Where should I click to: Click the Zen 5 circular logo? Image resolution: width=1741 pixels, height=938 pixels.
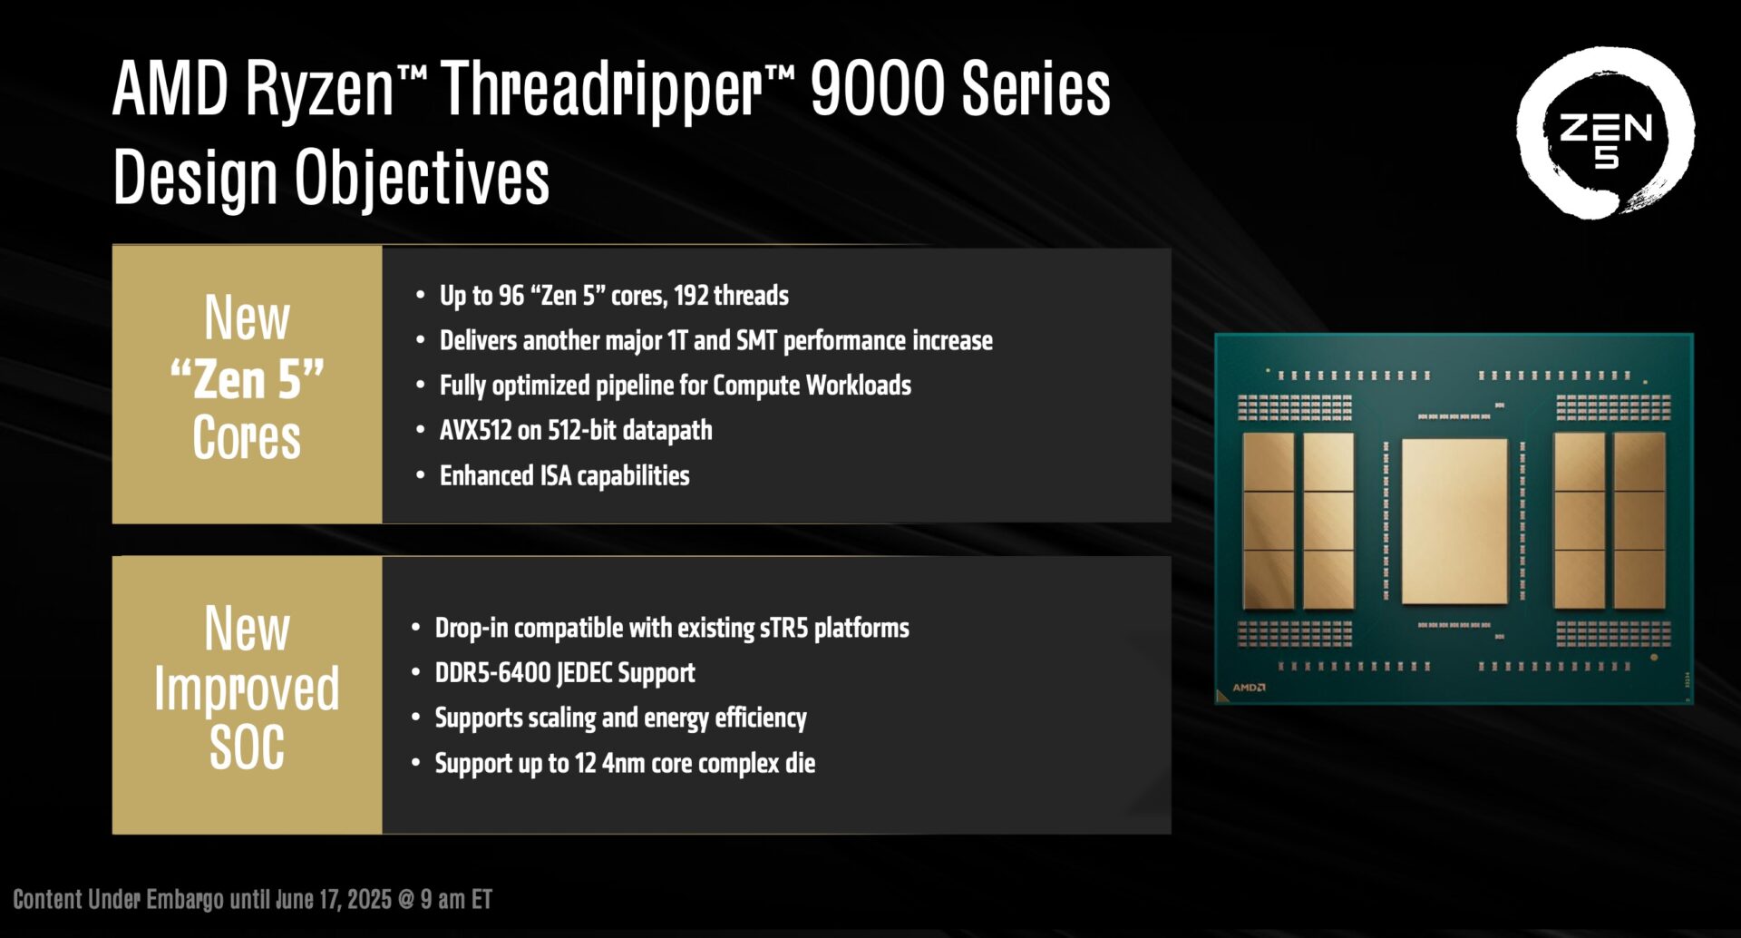tap(1605, 133)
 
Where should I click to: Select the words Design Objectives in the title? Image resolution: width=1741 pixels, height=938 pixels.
tap(331, 178)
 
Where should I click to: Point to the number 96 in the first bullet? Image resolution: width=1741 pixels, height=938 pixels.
tap(511, 296)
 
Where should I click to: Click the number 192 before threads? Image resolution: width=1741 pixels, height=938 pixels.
tap(691, 296)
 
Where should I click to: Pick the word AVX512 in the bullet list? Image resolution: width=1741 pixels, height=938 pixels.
tap(476, 430)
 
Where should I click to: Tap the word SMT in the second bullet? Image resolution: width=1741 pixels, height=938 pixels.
tap(756, 340)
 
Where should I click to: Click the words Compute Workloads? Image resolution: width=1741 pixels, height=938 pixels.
tap(812, 386)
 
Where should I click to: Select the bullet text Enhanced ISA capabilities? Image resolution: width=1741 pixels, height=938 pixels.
tap(564, 475)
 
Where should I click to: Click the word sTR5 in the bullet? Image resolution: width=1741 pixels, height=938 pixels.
tap(783, 628)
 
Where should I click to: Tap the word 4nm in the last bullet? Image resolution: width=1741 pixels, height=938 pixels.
tap(623, 763)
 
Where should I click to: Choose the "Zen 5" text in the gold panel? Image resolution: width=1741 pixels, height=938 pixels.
tap(247, 379)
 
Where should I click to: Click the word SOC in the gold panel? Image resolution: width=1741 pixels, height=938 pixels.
tap(247, 747)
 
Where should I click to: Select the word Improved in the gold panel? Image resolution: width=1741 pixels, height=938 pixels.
tap(247, 689)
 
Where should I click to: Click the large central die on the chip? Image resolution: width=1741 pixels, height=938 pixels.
tap(1454, 521)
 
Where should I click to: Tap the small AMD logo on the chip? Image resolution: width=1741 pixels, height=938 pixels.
tap(1249, 688)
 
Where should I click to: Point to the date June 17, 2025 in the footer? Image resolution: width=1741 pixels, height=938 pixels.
tap(333, 900)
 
